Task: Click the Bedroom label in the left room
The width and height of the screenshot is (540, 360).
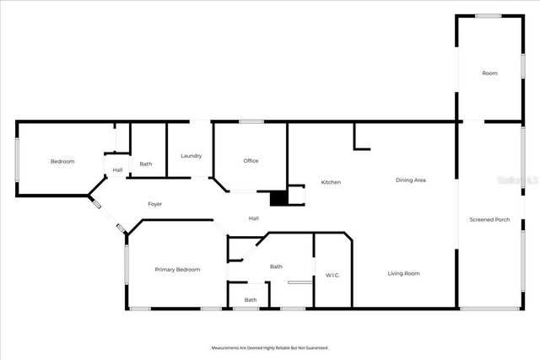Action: pyautogui.click(x=62, y=161)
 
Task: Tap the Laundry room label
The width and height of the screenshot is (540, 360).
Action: pyautogui.click(x=191, y=156)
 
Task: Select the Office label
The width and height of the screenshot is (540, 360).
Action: pyautogui.click(x=251, y=161)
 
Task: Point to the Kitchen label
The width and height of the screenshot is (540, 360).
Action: pyautogui.click(x=330, y=182)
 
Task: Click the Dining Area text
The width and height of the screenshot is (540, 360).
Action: pyautogui.click(x=411, y=180)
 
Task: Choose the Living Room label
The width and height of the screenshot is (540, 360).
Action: pyautogui.click(x=403, y=273)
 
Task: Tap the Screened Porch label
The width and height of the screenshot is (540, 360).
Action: pyautogui.click(x=489, y=219)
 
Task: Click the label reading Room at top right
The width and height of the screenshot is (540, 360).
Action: pyautogui.click(x=489, y=73)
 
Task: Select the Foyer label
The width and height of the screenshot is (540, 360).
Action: pyautogui.click(x=155, y=204)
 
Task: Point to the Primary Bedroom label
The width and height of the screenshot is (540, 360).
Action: pyautogui.click(x=177, y=270)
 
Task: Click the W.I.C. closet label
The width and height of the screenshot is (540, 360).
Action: pyautogui.click(x=332, y=276)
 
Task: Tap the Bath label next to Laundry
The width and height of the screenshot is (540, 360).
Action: pyautogui.click(x=146, y=164)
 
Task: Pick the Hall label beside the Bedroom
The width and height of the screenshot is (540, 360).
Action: pyautogui.click(x=117, y=171)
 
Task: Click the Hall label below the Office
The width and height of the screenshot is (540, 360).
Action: pyautogui.click(x=253, y=219)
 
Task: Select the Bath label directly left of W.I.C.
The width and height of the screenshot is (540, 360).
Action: pyautogui.click(x=276, y=266)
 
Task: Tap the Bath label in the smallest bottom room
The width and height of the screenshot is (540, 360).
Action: pyautogui.click(x=251, y=300)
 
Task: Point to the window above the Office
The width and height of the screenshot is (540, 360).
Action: pyautogui.click(x=251, y=122)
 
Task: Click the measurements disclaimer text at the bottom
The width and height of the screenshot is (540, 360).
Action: pyautogui.click(x=269, y=347)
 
